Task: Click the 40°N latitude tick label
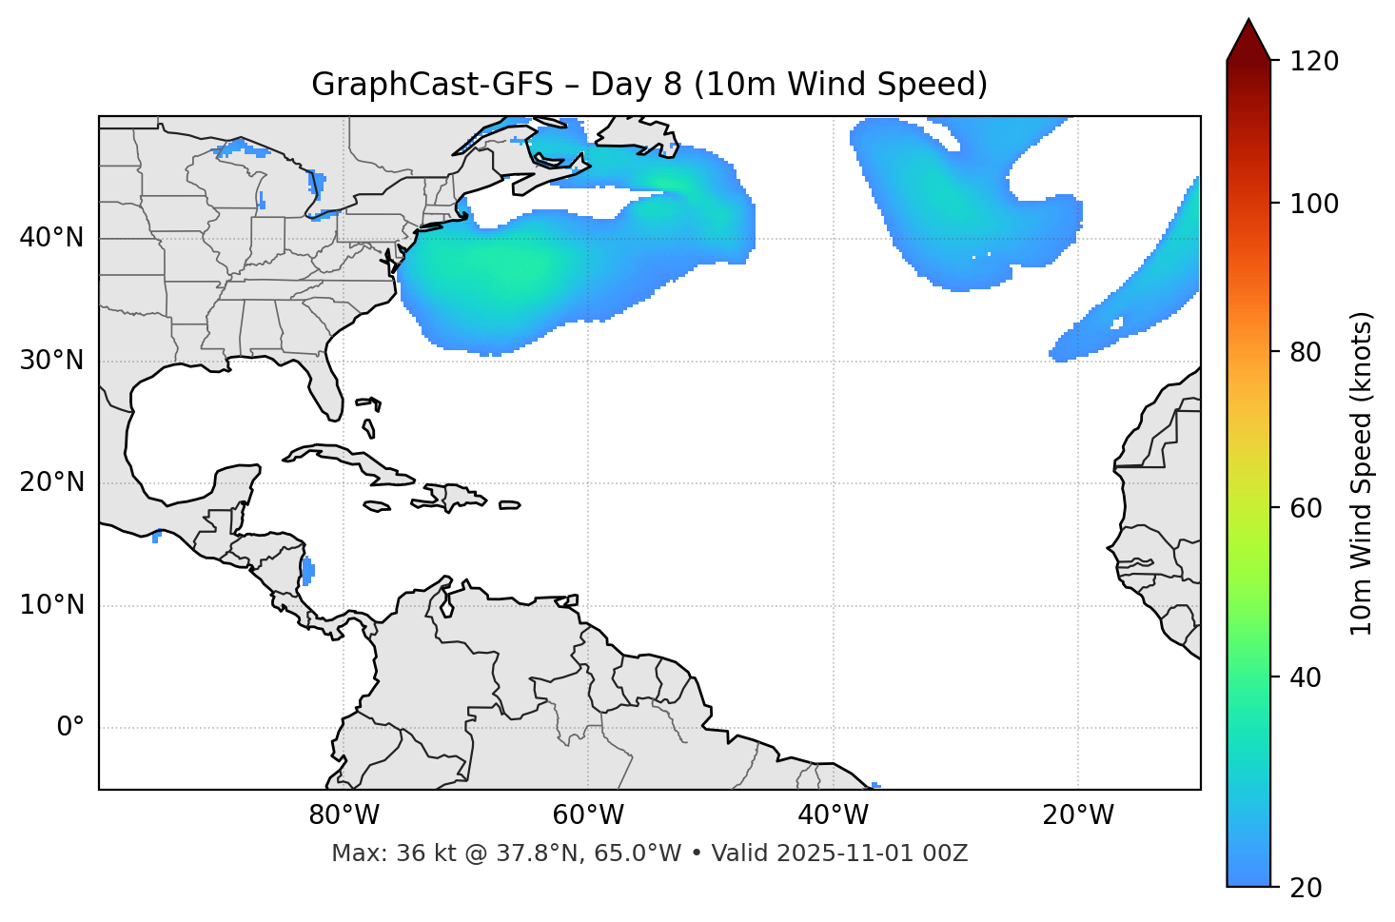51,238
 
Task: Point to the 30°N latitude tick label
51,361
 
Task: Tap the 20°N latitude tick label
51,482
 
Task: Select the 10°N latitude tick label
51,605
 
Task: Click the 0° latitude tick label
69,728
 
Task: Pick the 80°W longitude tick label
344,815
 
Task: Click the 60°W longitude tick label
588,815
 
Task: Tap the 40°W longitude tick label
833,815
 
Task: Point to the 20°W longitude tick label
1078,815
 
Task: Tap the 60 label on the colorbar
1307,508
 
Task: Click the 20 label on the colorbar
1307,888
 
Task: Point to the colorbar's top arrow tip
1248,20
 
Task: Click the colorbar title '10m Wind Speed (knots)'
1362,473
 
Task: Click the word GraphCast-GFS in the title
432,85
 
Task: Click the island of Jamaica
377,506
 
